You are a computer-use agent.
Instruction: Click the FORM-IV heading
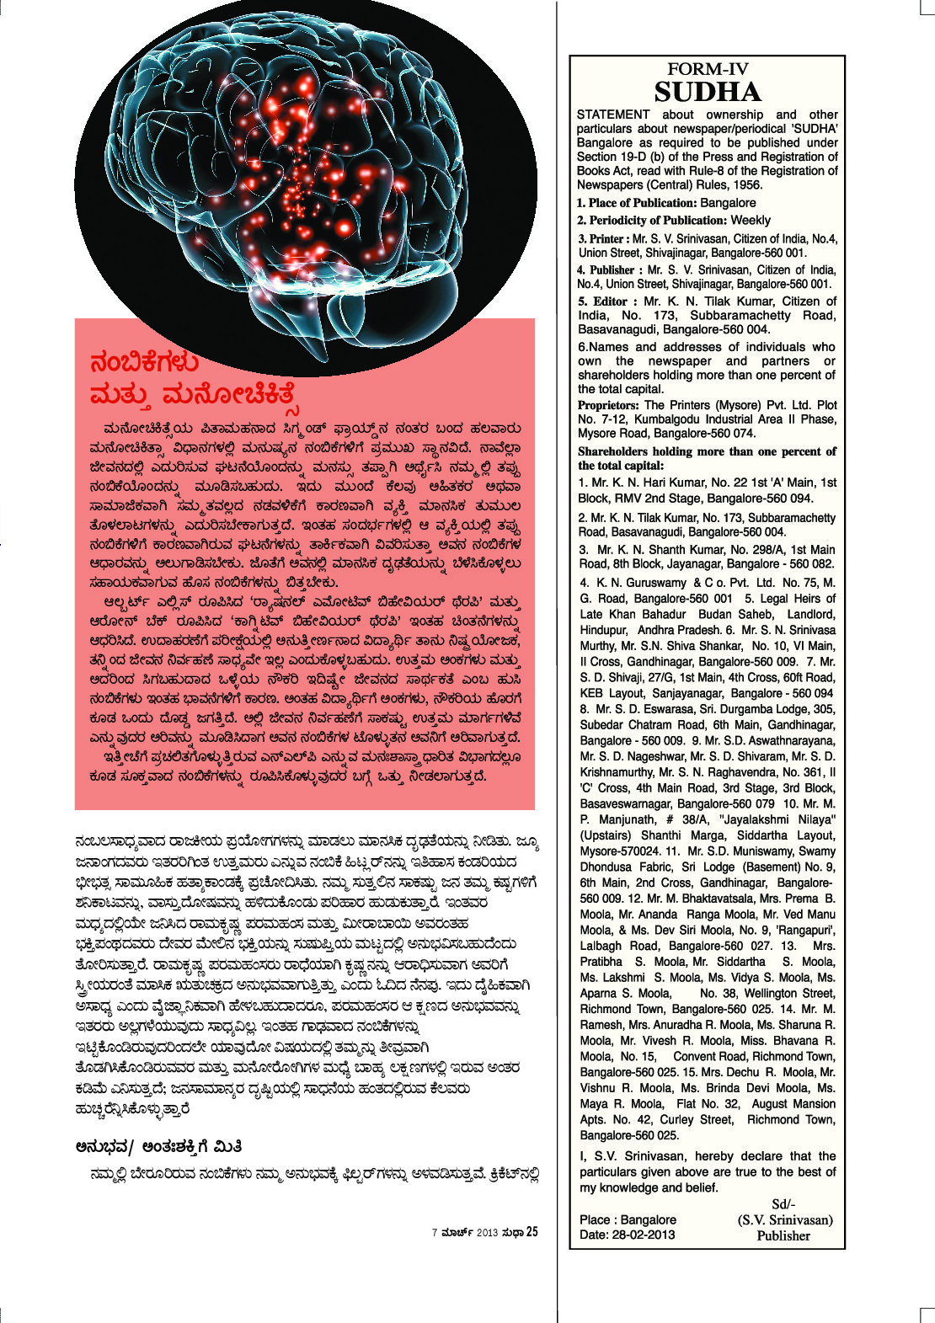click(708, 69)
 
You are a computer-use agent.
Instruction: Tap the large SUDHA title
click(708, 92)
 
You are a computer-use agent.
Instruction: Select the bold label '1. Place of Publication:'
click(637, 203)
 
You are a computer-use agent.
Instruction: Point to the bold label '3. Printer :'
click(604, 238)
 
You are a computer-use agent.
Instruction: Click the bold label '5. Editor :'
click(607, 301)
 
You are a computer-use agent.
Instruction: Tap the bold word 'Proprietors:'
click(609, 405)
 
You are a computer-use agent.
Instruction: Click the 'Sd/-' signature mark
click(783, 1204)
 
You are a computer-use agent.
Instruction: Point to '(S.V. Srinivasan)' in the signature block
click(785, 1219)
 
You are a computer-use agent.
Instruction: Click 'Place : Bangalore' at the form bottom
click(628, 1219)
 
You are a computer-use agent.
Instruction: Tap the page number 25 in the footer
click(532, 1233)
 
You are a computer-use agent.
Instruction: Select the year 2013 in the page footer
click(487, 1233)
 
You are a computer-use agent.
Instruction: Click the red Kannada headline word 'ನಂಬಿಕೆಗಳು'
click(144, 362)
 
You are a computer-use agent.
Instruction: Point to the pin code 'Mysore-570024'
click(619, 851)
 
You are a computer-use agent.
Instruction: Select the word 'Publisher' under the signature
click(783, 1235)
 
